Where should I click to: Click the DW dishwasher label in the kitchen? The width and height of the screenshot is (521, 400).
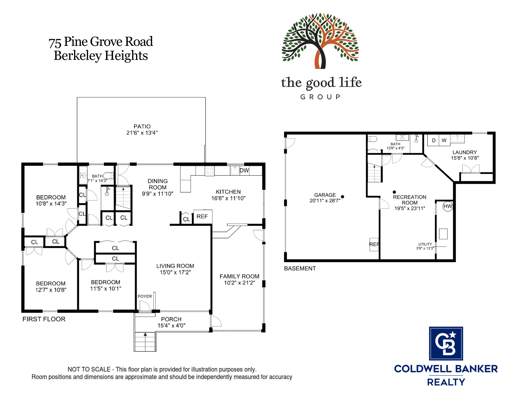(244, 171)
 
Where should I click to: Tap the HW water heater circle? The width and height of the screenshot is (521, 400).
(448, 207)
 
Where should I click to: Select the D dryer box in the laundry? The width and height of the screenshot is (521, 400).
(433, 141)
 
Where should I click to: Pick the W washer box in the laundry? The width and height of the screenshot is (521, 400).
(444, 141)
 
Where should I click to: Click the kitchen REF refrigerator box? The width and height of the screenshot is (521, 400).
(203, 217)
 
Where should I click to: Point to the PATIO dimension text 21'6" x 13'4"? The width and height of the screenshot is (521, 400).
(142, 133)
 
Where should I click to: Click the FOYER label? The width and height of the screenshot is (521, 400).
(145, 296)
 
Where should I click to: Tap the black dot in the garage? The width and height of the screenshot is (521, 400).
(343, 197)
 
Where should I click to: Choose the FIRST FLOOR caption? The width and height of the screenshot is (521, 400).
(44, 319)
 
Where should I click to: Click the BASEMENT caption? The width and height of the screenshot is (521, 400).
(300, 268)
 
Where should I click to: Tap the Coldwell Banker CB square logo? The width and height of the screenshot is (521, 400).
(446, 343)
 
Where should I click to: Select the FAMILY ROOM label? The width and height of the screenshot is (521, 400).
(239, 276)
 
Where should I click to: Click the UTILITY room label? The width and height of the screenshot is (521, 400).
(425, 244)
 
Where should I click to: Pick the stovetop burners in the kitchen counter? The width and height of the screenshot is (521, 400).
(210, 171)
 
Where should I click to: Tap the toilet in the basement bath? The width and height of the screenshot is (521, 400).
(372, 139)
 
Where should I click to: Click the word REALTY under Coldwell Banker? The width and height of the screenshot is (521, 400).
(446, 382)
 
